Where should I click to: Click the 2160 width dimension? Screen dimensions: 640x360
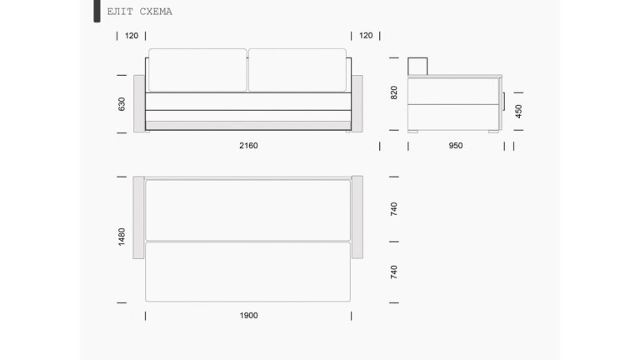click(248, 146)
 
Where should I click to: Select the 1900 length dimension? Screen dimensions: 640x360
click(248, 316)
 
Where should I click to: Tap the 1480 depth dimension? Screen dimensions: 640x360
click(121, 237)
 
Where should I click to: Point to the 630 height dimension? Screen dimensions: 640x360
click(121, 104)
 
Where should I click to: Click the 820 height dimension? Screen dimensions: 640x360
click(393, 92)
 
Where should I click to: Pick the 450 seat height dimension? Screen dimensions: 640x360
click(518, 112)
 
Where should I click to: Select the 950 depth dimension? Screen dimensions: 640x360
click(456, 146)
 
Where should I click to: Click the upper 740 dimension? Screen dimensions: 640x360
click(393, 209)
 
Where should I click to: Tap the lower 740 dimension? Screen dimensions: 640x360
click(393, 272)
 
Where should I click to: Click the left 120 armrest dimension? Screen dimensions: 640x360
click(132, 36)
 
